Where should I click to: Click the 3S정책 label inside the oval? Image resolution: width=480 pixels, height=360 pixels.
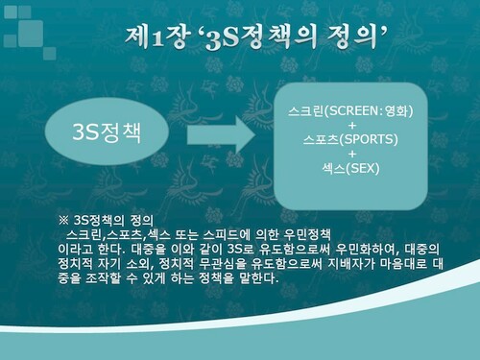click(x=107, y=132)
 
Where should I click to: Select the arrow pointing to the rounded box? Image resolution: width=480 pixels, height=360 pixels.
click(x=222, y=134)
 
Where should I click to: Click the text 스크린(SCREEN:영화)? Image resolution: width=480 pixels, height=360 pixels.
click(x=350, y=111)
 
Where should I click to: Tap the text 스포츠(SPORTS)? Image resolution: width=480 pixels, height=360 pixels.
click(x=350, y=139)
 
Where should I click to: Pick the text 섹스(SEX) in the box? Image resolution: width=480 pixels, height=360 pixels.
click(x=351, y=168)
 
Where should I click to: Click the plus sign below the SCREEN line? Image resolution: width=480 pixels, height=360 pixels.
click(x=352, y=125)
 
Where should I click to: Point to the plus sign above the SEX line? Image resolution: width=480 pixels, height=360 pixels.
click(x=352, y=154)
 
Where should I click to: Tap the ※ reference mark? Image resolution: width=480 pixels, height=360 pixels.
click(x=63, y=220)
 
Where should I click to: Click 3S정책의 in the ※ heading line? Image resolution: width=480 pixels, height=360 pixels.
click(x=99, y=220)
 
